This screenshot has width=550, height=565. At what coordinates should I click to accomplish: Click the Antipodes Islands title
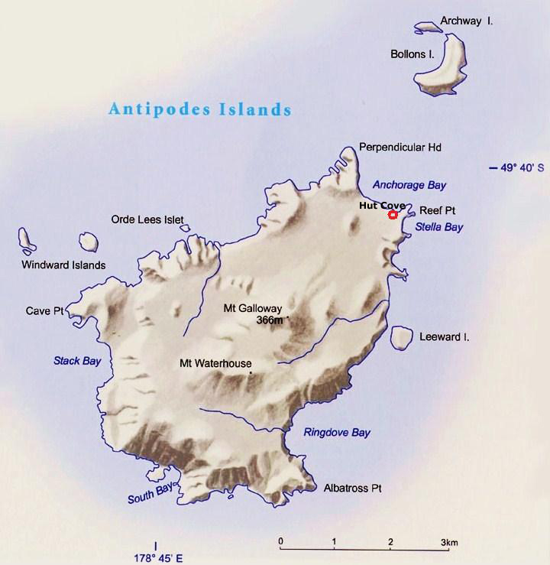click(200, 109)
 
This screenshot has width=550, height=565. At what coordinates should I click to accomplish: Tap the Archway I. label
click(467, 21)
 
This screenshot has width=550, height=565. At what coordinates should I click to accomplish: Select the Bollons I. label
click(413, 55)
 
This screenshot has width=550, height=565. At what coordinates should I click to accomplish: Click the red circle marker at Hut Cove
click(393, 215)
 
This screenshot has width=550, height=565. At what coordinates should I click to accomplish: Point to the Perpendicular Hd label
click(400, 147)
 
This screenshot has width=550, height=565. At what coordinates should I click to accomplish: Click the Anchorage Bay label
click(409, 185)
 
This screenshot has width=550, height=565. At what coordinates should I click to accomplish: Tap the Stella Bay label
click(438, 227)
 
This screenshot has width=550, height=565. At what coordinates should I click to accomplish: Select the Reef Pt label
click(437, 209)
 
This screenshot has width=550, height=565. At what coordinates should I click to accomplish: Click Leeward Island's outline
click(399, 336)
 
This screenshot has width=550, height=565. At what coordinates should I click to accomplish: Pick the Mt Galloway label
click(247, 309)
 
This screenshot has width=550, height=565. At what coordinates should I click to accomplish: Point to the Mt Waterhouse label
click(215, 364)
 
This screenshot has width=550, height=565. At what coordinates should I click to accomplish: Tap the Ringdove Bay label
click(337, 433)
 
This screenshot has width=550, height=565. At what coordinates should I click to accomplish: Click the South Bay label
click(150, 494)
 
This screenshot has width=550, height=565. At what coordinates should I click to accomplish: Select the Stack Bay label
click(77, 360)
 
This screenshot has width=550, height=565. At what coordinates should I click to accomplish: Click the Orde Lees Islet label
click(147, 219)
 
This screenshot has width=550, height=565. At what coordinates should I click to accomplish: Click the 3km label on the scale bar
click(449, 543)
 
